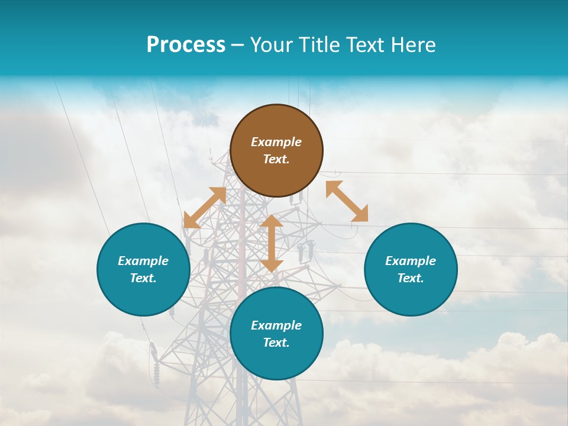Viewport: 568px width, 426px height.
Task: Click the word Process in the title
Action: [186, 45]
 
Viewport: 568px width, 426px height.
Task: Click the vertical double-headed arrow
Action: [272, 243]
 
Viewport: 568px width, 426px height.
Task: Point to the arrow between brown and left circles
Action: [205, 208]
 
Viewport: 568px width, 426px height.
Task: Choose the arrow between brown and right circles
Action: [347, 201]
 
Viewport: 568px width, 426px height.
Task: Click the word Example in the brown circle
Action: [276, 142]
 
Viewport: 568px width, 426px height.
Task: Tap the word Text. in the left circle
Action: [143, 278]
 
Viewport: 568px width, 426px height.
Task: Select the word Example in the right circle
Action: [411, 261]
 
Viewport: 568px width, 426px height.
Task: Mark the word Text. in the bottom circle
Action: [276, 343]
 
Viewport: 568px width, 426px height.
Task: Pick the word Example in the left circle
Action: [143, 261]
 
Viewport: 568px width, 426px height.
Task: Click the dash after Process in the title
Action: [238, 46]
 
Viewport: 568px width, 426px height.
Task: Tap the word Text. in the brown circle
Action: [276, 159]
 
